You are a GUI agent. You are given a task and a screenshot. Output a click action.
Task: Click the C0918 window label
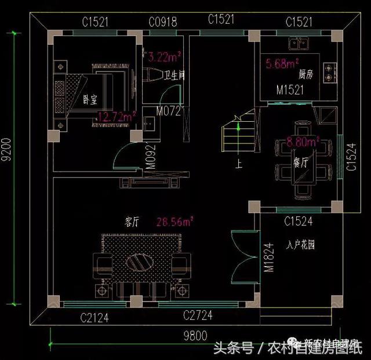(x=162, y=23)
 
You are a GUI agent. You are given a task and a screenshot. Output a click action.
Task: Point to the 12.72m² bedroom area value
(x=116, y=116)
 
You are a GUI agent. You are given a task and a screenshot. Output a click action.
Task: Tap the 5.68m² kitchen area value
(x=282, y=63)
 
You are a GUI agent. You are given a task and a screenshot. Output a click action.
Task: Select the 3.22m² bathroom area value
(x=165, y=57)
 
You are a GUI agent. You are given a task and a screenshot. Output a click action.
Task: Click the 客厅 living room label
(x=132, y=221)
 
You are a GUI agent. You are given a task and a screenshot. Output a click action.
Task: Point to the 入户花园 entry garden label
(x=300, y=245)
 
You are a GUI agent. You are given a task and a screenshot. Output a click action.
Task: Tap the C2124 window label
(x=94, y=317)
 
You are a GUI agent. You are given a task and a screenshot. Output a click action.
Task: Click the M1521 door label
(x=290, y=91)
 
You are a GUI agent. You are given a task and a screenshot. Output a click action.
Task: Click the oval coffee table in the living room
(x=140, y=261)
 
